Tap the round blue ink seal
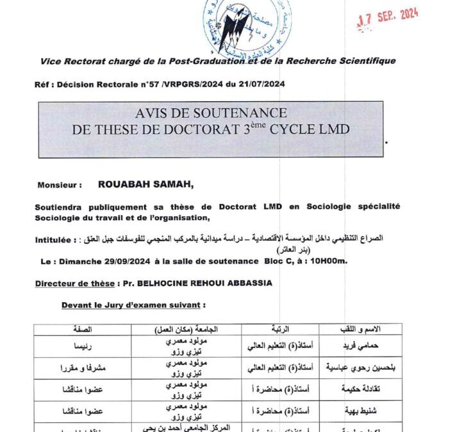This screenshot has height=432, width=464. [x=247, y=26]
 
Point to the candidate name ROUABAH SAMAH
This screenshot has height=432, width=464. [x=145, y=184]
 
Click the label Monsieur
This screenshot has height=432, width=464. [x=59, y=185]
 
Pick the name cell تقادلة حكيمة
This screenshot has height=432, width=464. [x=361, y=388]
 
